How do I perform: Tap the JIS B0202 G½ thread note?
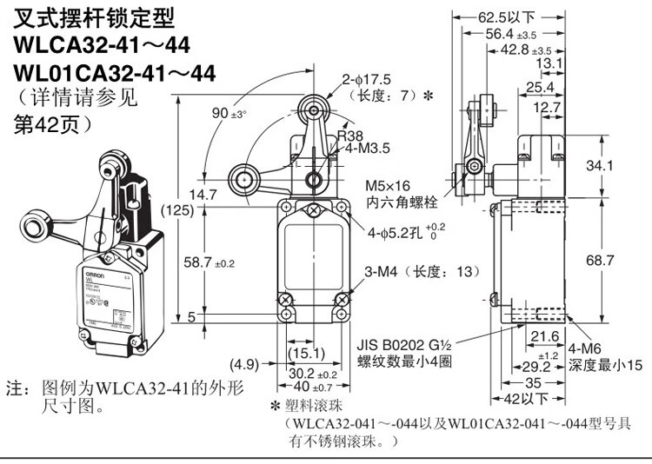point(410,344)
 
